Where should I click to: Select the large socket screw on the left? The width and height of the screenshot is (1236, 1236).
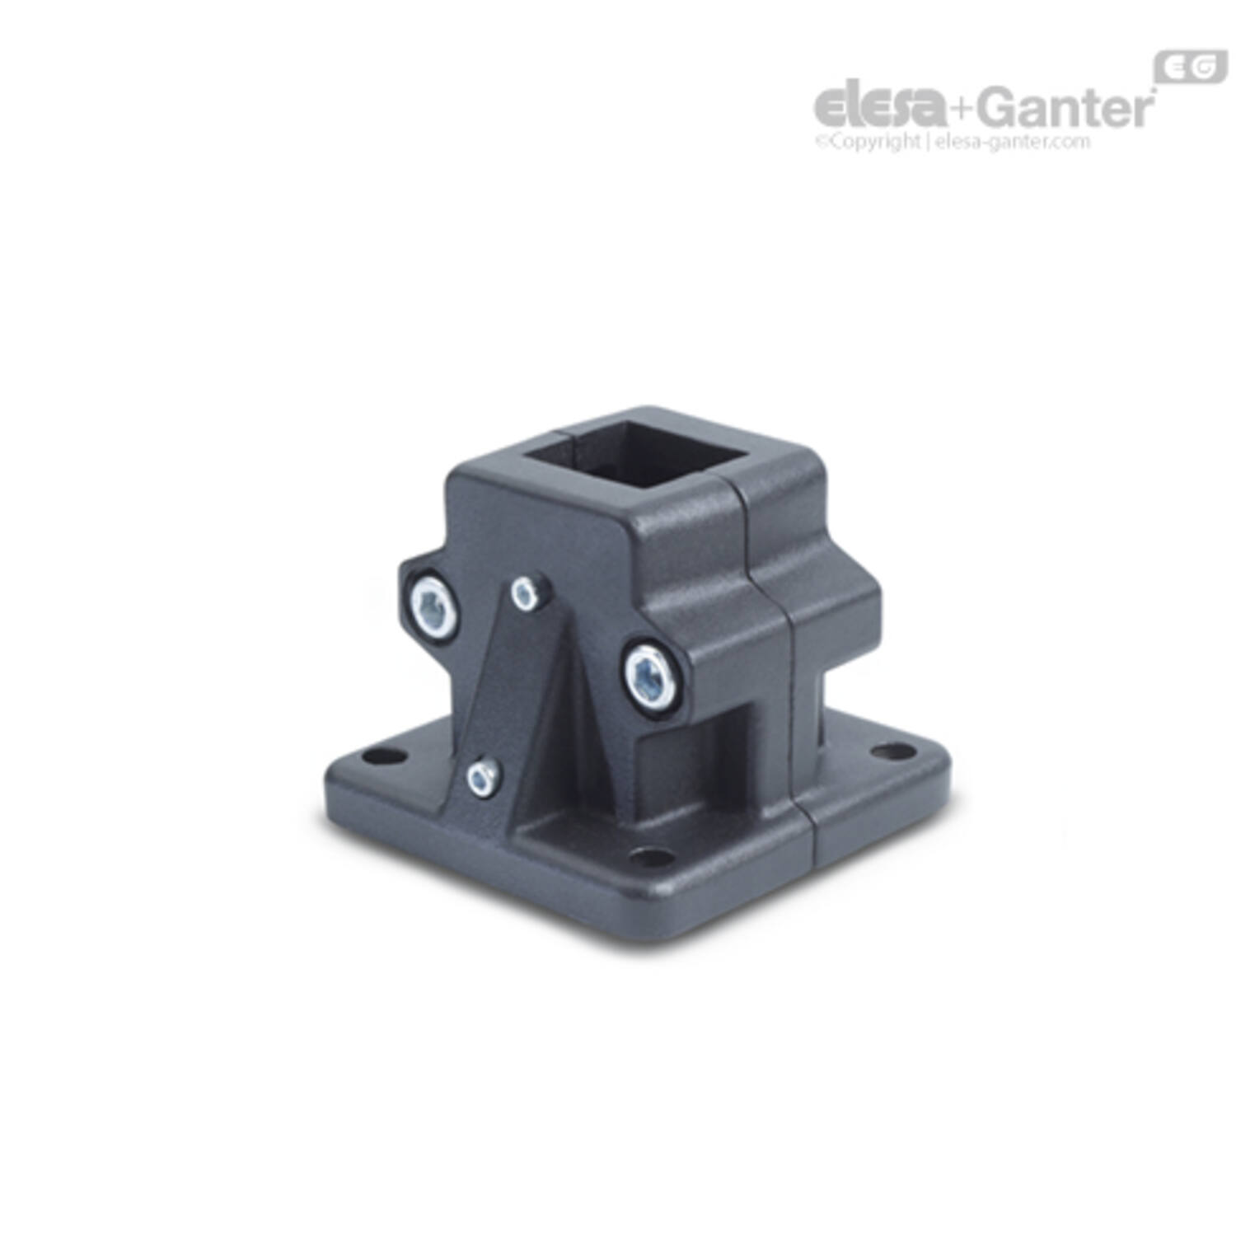click(433, 608)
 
